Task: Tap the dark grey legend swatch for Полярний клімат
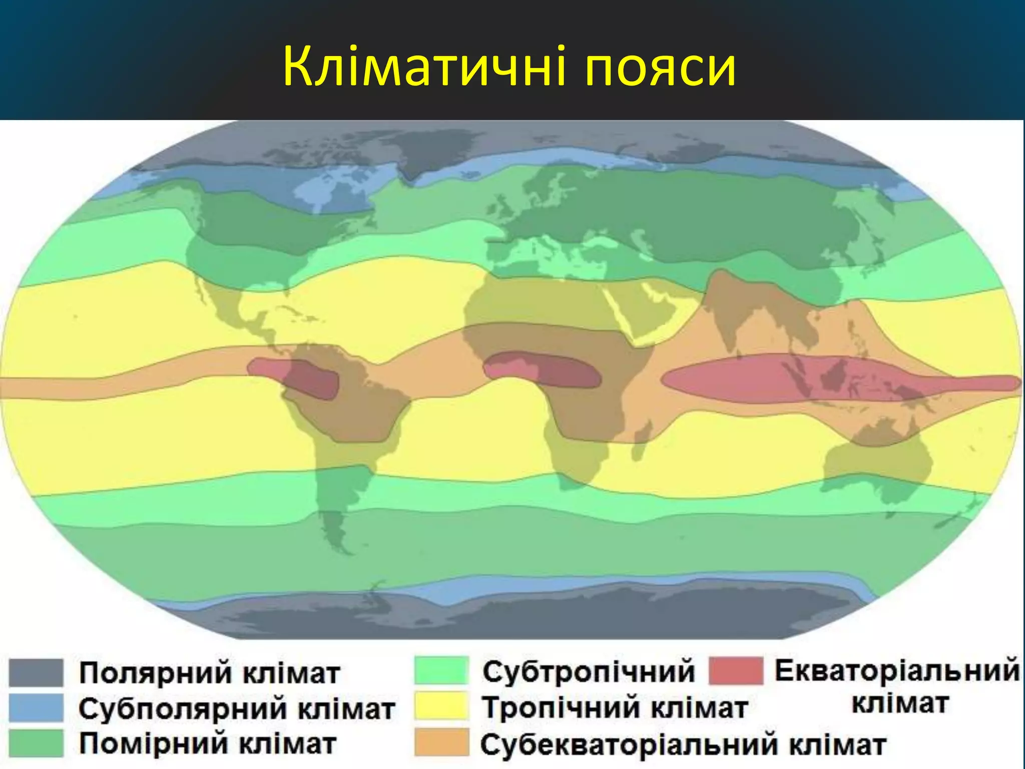(36, 672)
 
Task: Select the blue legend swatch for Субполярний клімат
(36, 707)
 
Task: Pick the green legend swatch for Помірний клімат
(36, 743)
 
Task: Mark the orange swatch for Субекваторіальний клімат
(441, 742)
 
